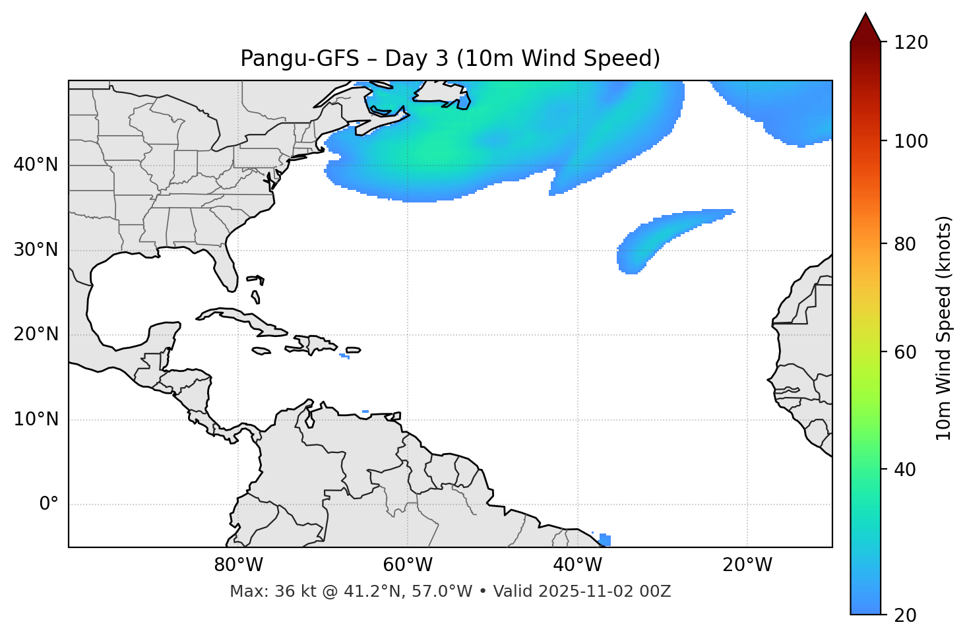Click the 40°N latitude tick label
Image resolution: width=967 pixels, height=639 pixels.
(x=36, y=165)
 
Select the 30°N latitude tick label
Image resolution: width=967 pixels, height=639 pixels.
(x=36, y=250)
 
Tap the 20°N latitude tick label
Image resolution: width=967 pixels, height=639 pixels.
(x=36, y=334)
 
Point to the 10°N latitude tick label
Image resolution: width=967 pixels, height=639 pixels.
(x=36, y=419)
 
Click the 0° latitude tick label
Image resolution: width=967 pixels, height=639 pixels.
(x=49, y=504)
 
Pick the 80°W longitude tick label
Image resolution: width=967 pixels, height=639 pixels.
(x=238, y=565)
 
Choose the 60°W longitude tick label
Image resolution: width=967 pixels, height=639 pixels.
(x=408, y=565)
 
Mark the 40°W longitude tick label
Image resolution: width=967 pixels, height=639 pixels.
(x=577, y=565)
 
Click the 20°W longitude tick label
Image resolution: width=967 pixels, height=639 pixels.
(x=747, y=565)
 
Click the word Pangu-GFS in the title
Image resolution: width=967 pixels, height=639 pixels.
(x=299, y=59)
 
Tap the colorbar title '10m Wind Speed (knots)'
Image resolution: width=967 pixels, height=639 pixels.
(x=944, y=328)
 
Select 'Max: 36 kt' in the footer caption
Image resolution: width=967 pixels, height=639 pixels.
(x=261, y=592)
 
